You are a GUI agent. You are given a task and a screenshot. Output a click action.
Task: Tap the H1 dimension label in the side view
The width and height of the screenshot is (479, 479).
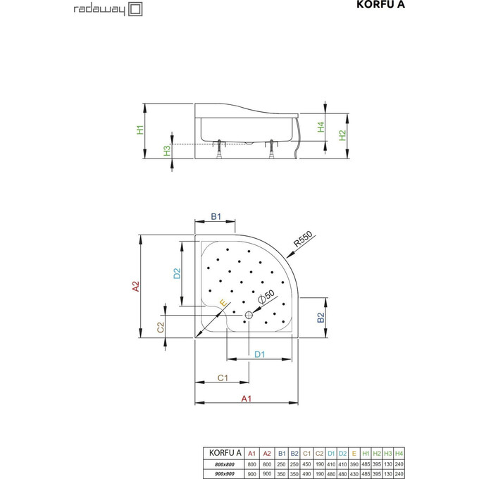pos(140,130)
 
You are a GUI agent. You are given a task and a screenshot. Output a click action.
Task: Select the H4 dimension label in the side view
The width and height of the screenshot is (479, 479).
pos(320,127)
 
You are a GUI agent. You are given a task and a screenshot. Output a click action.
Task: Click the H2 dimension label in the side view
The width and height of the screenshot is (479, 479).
pos(343,135)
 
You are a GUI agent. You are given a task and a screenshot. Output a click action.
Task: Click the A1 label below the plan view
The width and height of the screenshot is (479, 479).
pos(246,399)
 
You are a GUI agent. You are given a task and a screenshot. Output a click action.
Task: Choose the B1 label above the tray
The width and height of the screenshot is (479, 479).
pos(217,216)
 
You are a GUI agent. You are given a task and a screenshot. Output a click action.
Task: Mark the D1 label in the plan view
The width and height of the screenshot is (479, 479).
pos(259,354)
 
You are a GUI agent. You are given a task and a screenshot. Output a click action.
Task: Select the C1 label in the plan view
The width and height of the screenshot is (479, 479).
pos(221,378)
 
